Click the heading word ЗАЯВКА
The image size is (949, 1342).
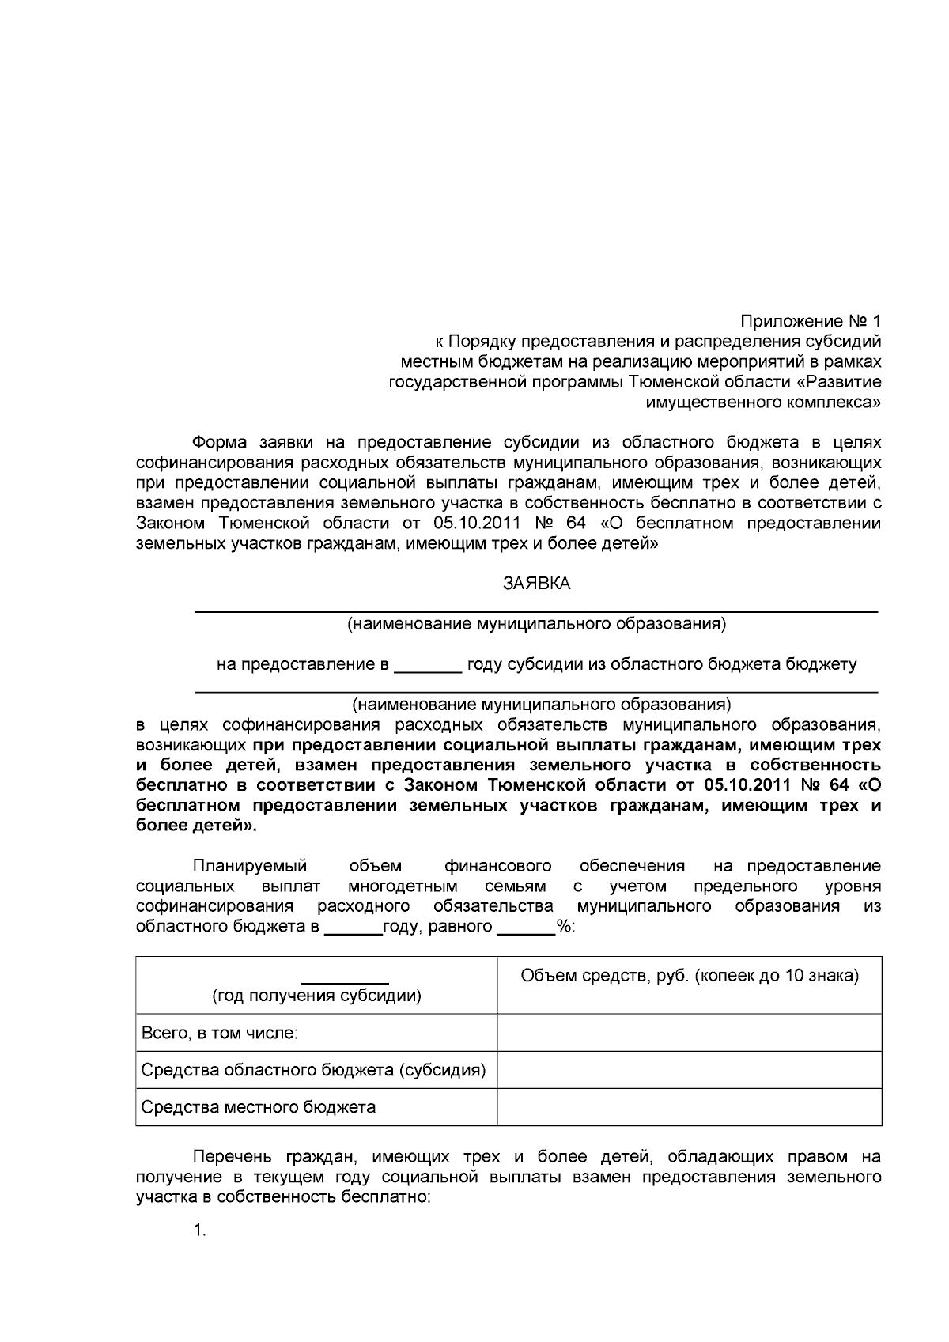pos(536,584)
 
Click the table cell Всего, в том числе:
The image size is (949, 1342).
pos(219,1033)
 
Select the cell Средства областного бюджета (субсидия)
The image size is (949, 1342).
pos(313,1070)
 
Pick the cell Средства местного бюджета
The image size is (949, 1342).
pos(258,1107)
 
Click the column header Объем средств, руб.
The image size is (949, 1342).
pos(689,975)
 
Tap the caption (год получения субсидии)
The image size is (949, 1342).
pos(316,996)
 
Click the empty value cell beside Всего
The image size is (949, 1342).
pos(689,1033)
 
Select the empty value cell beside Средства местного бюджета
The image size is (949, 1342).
pos(689,1107)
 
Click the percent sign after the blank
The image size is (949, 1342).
pos(565,927)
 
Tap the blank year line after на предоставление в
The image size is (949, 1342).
pos(427,666)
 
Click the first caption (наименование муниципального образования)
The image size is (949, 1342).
pos(536,624)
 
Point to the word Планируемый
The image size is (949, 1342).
pos(250,866)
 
